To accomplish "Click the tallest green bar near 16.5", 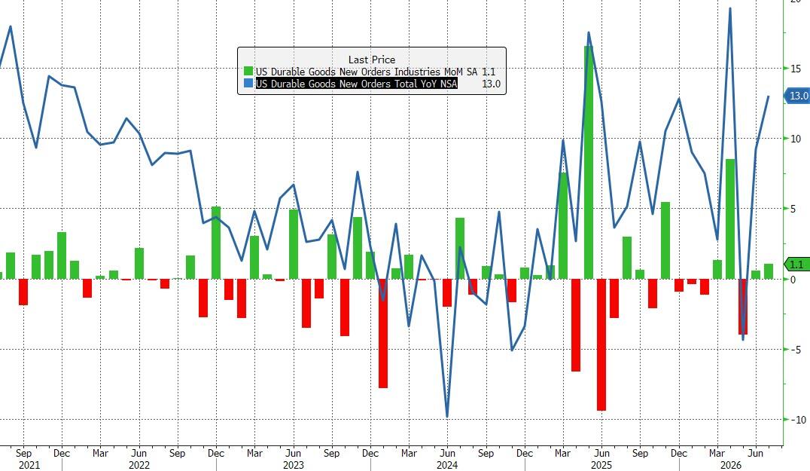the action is [589, 162].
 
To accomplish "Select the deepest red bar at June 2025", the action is [601, 345].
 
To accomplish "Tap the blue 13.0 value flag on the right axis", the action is [796, 96].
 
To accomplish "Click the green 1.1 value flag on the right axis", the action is [796, 265].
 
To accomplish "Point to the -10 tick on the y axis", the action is [798, 420].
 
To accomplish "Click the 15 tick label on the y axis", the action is [796, 69].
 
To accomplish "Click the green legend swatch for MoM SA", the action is [248, 72].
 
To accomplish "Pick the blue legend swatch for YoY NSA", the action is [248, 83].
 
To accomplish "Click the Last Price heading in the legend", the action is [371, 60].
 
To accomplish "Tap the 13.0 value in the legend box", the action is [492, 84].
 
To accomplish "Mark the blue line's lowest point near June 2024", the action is [447, 417].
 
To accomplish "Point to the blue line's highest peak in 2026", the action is [730, 9].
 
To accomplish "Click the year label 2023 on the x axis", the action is [294, 465].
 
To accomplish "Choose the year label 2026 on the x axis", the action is [731, 465].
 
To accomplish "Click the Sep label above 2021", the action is [24, 453].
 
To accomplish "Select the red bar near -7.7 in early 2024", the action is [382, 334].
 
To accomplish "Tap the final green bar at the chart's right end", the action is [769, 271].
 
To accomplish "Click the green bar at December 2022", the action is [216, 243].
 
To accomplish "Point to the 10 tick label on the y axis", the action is [796, 139].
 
